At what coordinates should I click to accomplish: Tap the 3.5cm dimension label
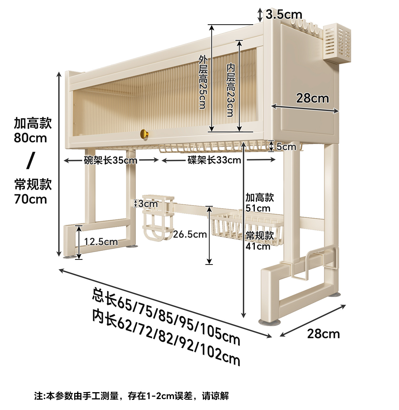(284, 14)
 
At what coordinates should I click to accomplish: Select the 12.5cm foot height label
(101, 242)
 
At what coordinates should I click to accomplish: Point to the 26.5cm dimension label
(190, 234)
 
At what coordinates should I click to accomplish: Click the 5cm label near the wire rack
(286, 146)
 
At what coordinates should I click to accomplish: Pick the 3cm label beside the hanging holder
(148, 204)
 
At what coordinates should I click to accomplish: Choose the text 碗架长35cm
(110, 160)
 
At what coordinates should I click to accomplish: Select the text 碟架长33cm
(214, 160)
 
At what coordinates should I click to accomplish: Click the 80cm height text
(30, 138)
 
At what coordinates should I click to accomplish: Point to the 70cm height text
(30, 199)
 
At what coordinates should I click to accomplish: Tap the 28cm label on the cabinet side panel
(313, 98)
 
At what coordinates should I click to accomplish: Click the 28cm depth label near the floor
(323, 334)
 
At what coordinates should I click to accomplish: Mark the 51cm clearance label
(258, 208)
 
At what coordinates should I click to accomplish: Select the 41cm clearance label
(258, 246)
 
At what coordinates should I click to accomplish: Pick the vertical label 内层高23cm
(230, 90)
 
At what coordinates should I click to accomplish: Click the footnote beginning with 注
(131, 396)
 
